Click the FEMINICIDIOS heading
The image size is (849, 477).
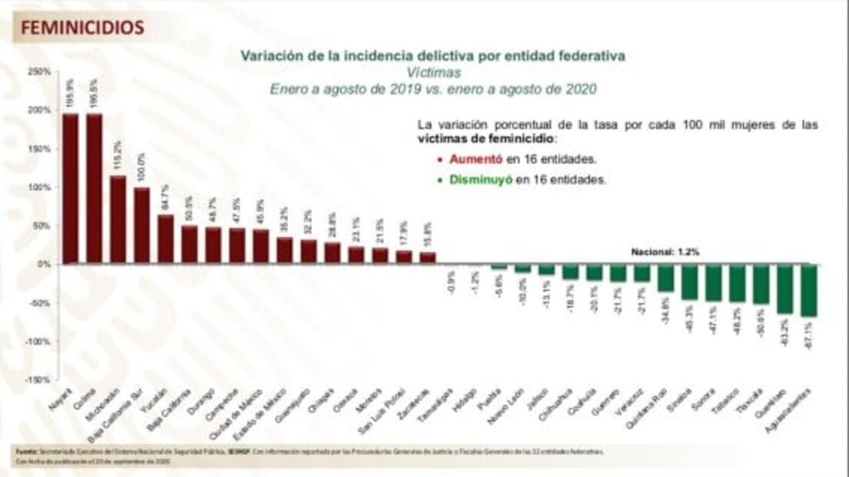[82, 28]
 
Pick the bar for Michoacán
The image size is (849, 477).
[118, 220]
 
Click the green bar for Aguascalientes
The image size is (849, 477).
[808, 290]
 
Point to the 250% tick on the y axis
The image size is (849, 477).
[39, 72]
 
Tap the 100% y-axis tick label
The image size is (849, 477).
[39, 187]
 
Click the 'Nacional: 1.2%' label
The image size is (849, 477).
[665, 252]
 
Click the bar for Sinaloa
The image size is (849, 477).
[689, 282]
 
